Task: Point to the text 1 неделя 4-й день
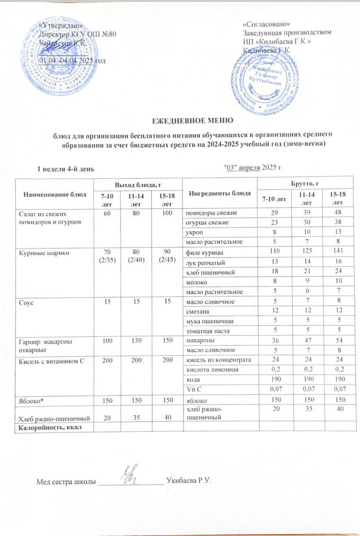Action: coord(66,169)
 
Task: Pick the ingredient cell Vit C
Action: coord(191,389)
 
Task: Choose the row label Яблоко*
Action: coord(30,401)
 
